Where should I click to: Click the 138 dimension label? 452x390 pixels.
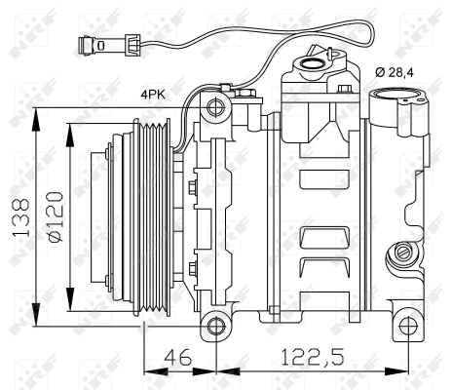21,217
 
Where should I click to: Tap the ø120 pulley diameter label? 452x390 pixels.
56,216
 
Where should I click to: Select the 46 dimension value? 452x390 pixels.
178,357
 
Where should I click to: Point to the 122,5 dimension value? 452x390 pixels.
312,357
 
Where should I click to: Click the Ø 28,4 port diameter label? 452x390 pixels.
395,72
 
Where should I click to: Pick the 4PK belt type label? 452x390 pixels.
153,95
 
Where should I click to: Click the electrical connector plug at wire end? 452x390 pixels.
109,45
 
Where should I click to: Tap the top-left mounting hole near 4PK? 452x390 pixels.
216,107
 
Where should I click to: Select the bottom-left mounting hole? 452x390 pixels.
216,326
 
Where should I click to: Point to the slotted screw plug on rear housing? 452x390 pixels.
402,252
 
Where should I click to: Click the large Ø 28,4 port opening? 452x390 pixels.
396,95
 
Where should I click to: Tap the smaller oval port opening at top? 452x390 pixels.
310,62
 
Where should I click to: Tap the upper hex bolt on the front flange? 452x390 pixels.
193,187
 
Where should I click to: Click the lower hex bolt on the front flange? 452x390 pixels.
193,268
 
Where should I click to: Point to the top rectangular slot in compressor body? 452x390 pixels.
324,179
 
